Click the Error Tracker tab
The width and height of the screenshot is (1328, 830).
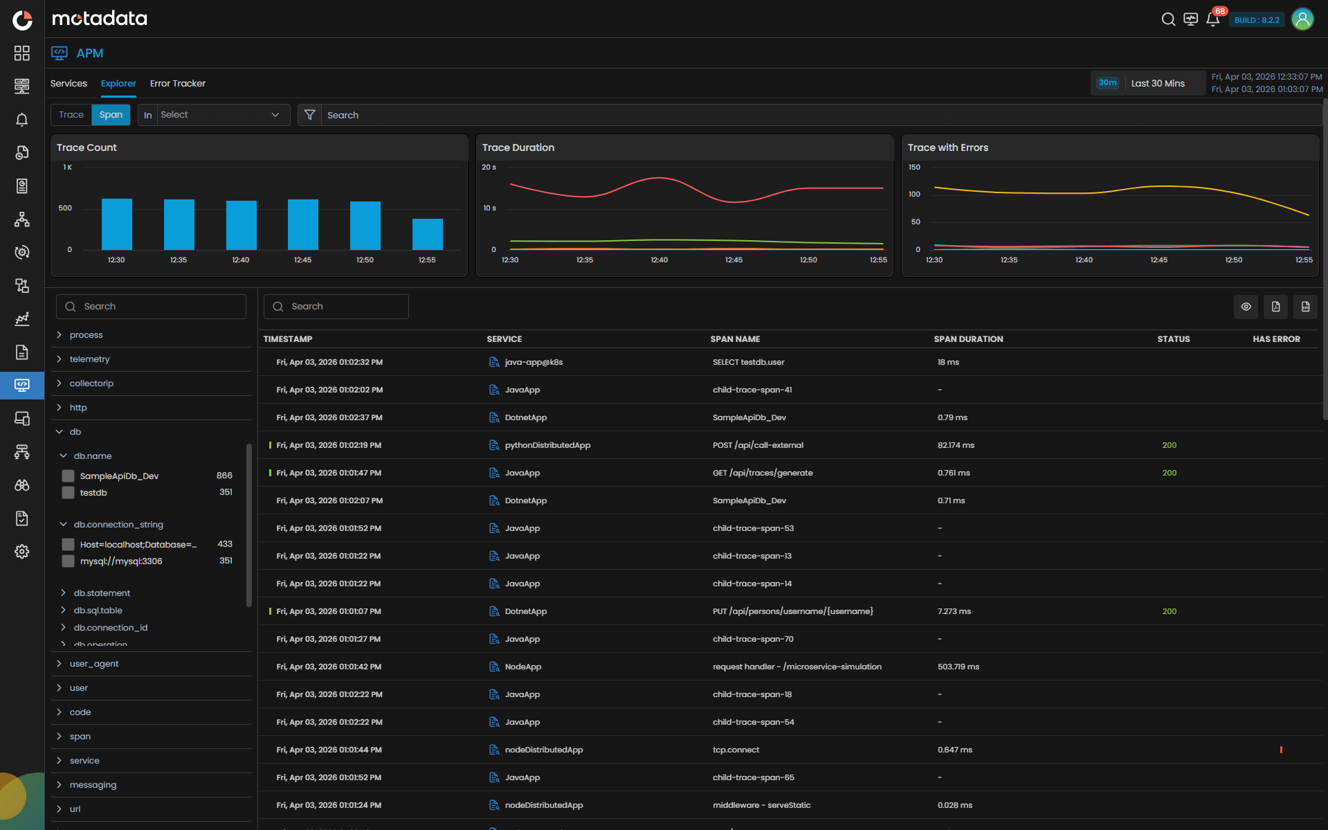click(177, 83)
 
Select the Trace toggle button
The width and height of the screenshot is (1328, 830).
click(71, 115)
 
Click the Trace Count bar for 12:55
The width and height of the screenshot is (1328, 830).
click(427, 234)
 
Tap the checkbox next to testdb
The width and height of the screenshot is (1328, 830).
click(68, 493)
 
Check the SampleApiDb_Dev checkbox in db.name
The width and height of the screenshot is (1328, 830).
click(68, 476)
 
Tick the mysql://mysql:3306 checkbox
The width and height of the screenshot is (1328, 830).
click(68, 561)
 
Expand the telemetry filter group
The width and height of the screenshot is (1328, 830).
click(89, 359)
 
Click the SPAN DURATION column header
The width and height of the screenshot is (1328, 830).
click(967, 339)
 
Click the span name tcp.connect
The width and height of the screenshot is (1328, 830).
click(736, 750)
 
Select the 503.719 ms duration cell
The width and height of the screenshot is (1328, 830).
click(958, 667)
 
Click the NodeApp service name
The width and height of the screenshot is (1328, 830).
click(522, 667)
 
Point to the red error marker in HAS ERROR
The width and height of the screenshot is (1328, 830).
click(1281, 750)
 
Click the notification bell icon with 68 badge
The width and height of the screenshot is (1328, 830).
click(1212, 19)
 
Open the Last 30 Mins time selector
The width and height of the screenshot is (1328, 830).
click(1157, 83)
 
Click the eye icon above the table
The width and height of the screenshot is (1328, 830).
click(1246, 307)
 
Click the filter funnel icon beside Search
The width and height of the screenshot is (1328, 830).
click(310, 115)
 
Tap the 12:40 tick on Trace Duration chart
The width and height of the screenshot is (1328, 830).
click(659, 260)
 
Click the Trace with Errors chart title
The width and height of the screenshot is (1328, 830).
click(947, 147)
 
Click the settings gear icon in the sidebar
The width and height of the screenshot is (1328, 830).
click(22, 552)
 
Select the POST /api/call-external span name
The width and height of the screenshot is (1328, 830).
click(758, 445)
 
